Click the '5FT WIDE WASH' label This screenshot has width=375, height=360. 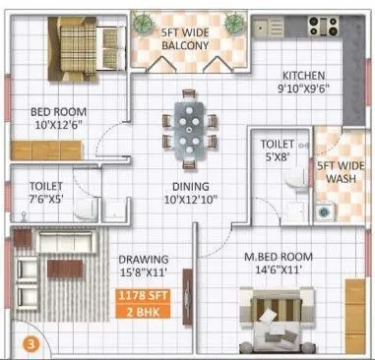338,173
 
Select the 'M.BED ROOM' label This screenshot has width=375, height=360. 279,259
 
